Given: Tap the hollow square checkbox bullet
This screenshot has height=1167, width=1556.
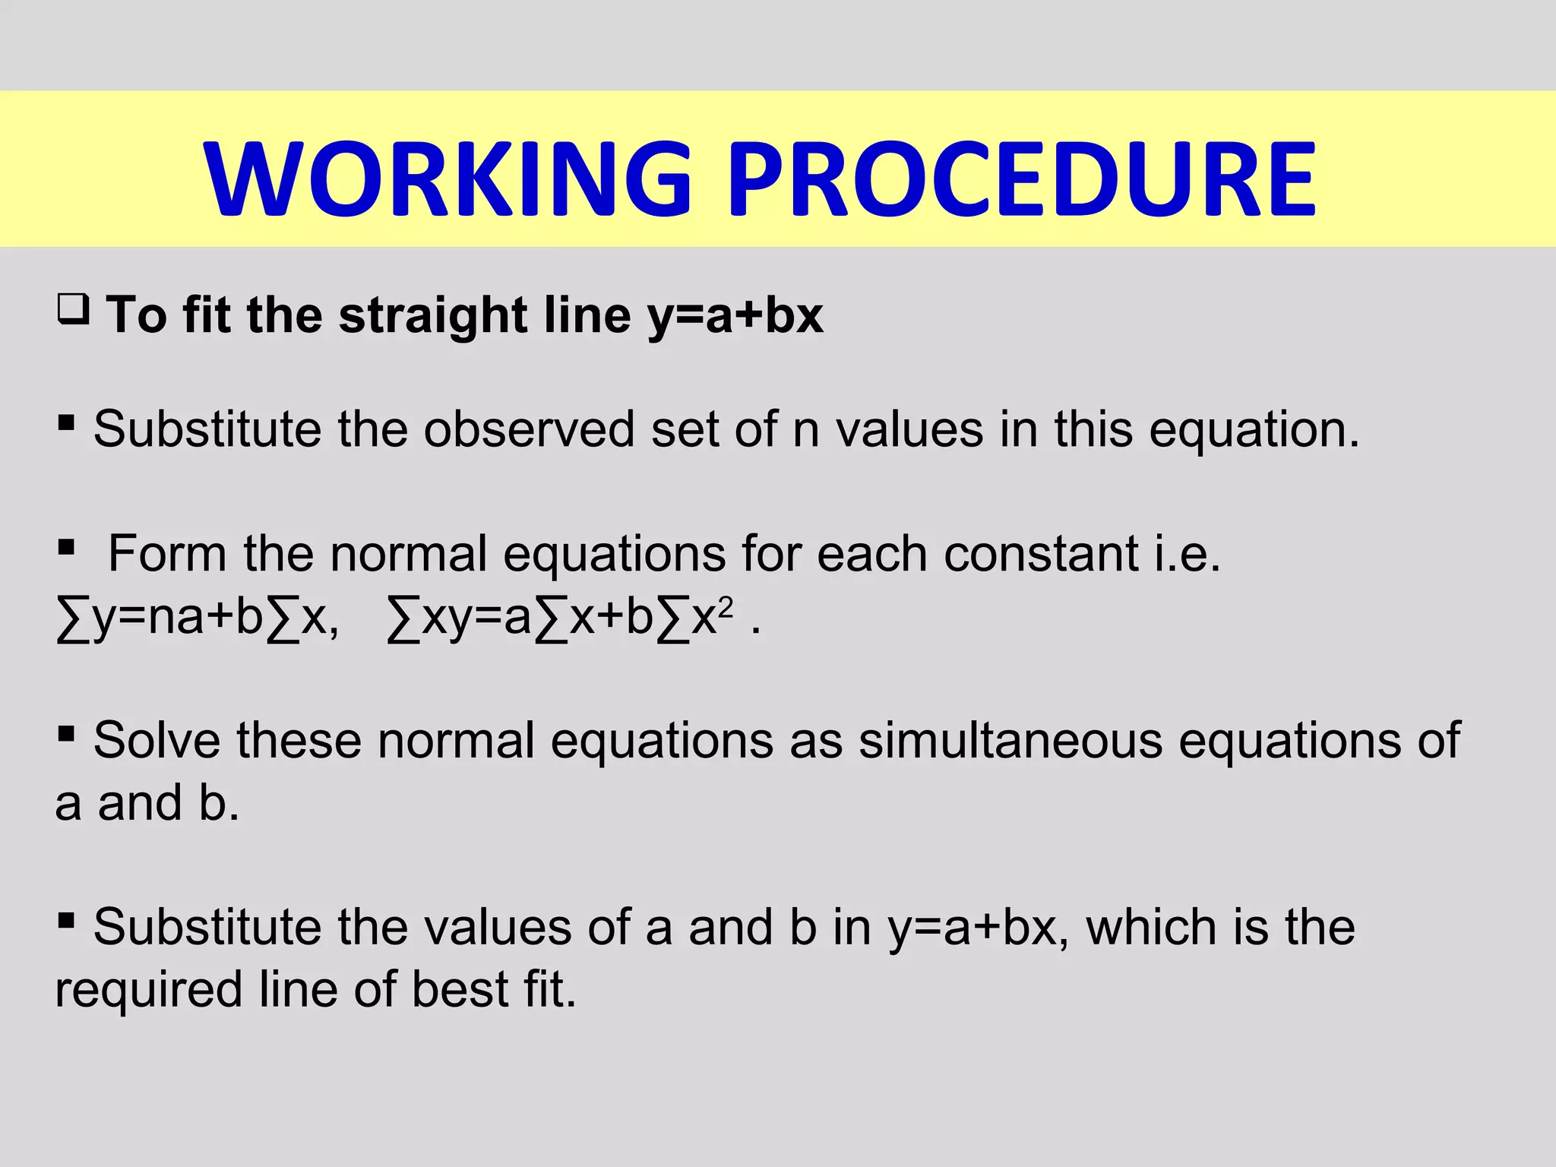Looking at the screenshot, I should tap(74, 310).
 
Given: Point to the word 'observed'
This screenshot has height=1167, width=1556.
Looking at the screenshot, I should tap(529, 430).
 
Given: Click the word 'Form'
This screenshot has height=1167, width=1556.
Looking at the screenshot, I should tap(167, 553).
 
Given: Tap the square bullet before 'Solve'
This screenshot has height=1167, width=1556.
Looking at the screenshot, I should tap(66, 734).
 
